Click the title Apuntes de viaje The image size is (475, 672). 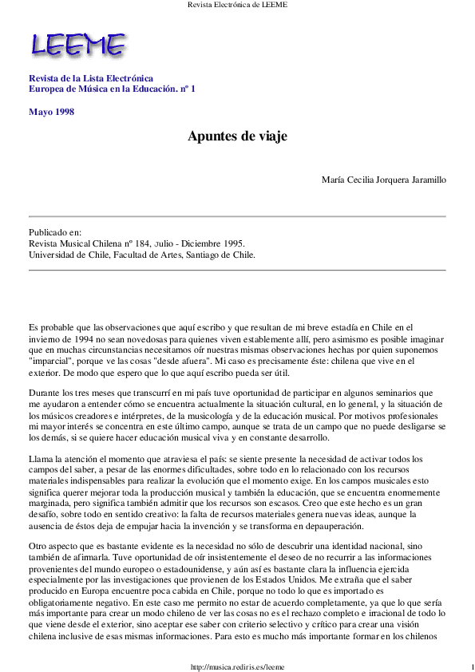coord(237,136)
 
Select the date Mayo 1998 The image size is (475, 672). coord(51,112)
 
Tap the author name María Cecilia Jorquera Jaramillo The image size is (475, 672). coord(383,180)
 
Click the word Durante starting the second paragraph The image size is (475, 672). coord(45,393)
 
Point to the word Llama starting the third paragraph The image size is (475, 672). coord(41,460)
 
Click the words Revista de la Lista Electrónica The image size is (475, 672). coord(90,78)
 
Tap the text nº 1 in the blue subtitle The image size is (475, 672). coord(188,89)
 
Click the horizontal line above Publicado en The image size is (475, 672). coord(237,216)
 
